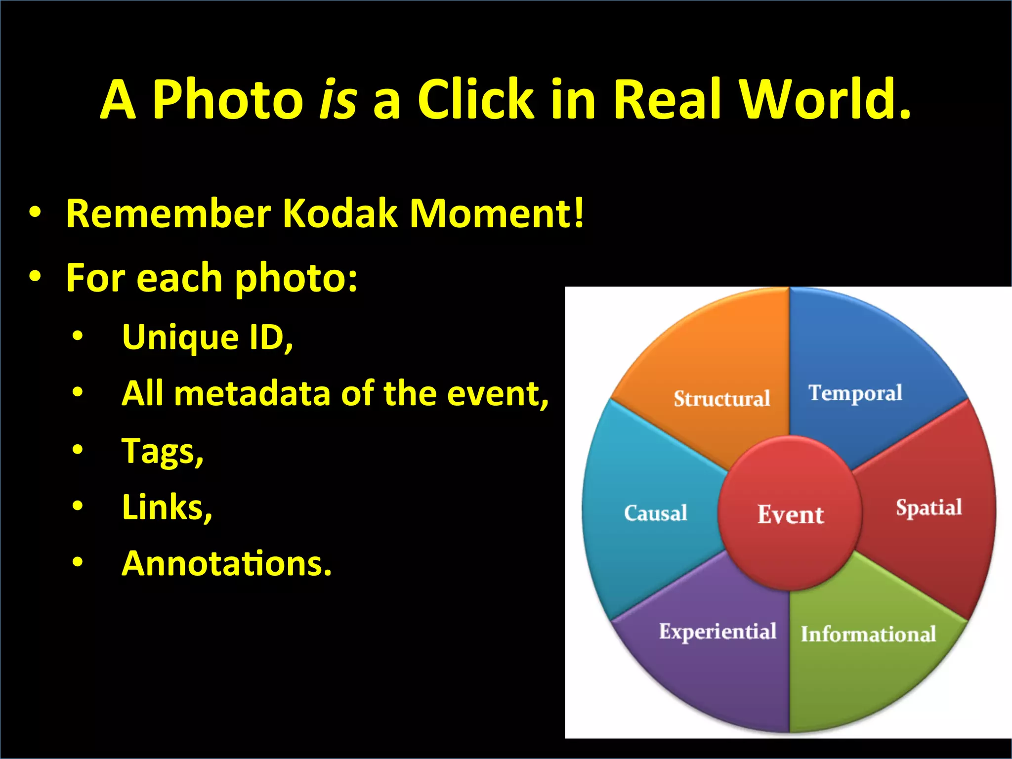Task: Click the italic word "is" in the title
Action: coord(338,100)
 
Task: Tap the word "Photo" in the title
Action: coord(227,100)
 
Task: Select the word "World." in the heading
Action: coord(825,100)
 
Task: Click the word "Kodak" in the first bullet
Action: coord(340,214)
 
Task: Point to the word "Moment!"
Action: coord(497,214)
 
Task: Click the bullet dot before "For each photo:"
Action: coord(35,277)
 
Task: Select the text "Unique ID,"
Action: coord(208,337)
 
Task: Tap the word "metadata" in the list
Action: coord(252,394)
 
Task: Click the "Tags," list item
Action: coord(163,452)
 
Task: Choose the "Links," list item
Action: coord(167,507)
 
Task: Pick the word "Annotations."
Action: coord(227,564)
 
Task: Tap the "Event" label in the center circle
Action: coord(791,515)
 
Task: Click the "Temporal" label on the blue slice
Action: coord(855,393)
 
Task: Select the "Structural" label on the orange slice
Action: coord(722,399)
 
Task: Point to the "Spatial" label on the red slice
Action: coord(929,508)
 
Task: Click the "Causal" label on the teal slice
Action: coord(656,513)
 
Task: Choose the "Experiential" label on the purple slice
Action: coord(717,632)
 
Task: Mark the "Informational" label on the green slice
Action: coord(868,634)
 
